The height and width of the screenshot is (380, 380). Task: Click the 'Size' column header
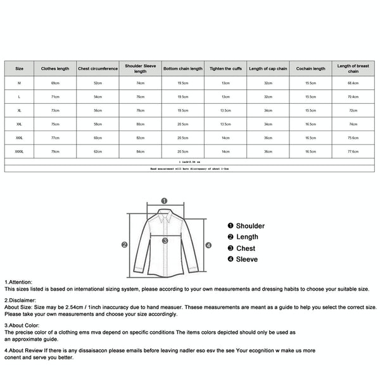tap(19, 68)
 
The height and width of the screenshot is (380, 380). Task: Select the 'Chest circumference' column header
tap(98, 68)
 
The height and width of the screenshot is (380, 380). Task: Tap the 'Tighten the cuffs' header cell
tap(225, 68)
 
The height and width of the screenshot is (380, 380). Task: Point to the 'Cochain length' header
tap(310, 68)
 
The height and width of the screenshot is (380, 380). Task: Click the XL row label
tap(19, 110)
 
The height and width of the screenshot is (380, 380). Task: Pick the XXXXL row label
tap(19, 151)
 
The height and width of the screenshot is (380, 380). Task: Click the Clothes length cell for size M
tap(55, 83)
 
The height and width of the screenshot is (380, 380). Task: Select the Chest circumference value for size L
tap(98, 96)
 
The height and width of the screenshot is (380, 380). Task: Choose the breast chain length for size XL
tap(353, 110)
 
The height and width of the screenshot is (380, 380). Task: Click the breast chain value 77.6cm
tap(353, 151)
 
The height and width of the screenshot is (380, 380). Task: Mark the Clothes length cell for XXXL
tap(55, 137)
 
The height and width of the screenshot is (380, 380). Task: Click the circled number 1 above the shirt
tap(164, 201)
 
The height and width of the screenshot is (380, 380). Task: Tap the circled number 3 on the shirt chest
tap(164, 241)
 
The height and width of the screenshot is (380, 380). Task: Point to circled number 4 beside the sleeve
tap(208, 245)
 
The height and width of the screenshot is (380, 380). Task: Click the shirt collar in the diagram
tap(164, 215)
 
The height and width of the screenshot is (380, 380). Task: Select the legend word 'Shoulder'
tap(250, 226)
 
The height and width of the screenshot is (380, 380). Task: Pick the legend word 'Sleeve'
tap(246, 259)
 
